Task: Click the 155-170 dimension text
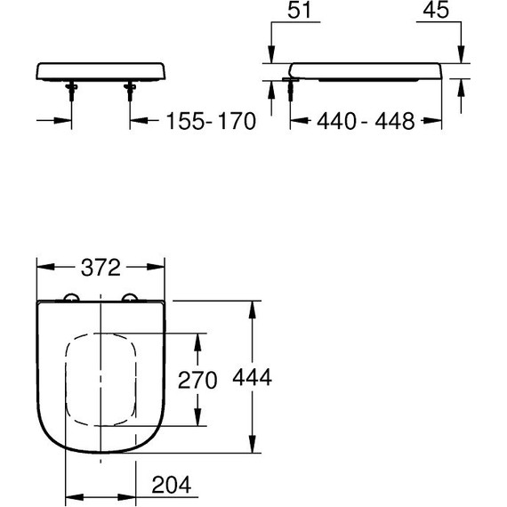(205, 121)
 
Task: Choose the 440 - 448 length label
(366, 121)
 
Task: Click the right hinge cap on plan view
(132, 299)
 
